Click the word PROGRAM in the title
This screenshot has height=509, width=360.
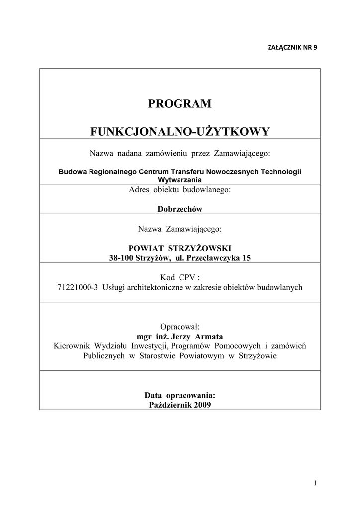180,104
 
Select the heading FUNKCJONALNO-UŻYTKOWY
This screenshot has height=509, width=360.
180,132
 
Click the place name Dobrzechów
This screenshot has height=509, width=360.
180,209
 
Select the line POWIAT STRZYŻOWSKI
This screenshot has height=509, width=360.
180,248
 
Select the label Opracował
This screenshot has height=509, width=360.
180,327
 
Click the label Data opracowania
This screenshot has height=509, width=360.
180,395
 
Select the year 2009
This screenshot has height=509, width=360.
202,405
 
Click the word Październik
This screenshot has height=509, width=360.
170,405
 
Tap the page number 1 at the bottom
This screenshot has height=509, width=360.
315,483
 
